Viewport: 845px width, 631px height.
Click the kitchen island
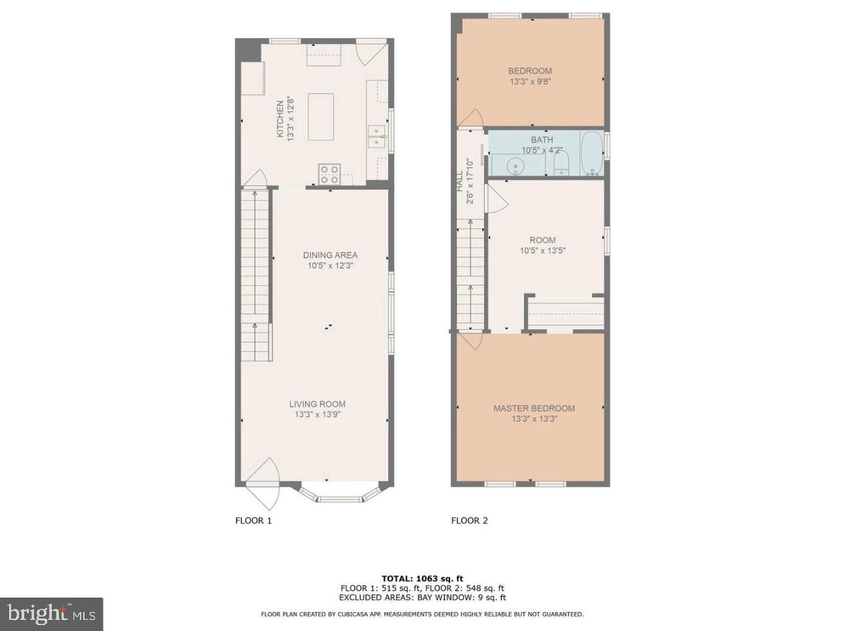click(x=321, y=117)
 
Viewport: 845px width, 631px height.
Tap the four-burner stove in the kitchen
click(x=329, y=174)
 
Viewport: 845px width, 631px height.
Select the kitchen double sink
click(x=377, y=137)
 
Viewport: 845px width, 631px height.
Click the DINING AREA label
click(x=330, y=255)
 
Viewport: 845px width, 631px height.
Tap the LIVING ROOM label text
click(x=317, y=404)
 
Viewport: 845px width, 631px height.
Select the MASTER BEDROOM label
click(x=534, y=408)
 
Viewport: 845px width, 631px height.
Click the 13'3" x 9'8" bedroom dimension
click(x=530, y=82)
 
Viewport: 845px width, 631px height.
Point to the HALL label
click(x=459, y=177)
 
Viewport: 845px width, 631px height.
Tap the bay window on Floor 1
click(x=339, y=494)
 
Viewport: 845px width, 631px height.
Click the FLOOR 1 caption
click(x=253, y=521)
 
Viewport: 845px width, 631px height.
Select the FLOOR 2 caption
click(x=469, y=521)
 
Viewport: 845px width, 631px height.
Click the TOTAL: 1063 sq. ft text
click(x=422, y=579)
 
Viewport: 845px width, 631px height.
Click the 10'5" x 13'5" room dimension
click(x=542, y=250)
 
